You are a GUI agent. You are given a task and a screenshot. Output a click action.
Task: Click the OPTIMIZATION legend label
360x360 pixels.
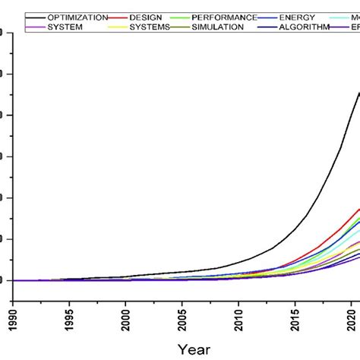coord(77,17)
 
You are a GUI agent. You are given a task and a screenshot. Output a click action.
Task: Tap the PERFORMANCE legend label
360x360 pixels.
coord(224,17)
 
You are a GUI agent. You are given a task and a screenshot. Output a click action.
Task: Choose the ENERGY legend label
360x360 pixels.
coord(298,17)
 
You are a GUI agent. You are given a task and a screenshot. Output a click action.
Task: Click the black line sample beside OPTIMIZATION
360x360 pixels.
coord(36,17)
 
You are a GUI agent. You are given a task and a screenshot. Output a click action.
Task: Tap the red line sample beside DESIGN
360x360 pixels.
coord(119,17)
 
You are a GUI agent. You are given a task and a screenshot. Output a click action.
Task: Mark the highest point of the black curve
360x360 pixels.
coord(358,93)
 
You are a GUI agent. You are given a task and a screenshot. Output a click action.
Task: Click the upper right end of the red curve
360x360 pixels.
coord(358,209)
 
